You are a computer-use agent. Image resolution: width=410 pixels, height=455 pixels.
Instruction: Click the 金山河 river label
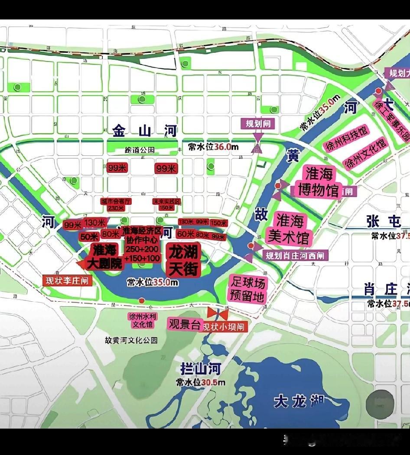[x=145, y=130]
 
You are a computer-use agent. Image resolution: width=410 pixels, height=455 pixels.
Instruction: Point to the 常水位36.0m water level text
[x=213, y=147]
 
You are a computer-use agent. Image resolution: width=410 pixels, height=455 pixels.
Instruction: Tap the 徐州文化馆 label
[x=365, y=153]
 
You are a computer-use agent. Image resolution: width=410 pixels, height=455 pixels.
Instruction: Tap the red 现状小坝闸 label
[x=225, y=326]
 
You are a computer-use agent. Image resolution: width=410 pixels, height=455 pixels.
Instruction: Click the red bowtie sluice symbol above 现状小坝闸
[x=218, y=313]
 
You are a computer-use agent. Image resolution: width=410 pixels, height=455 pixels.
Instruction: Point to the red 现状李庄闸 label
[x=67, y=281]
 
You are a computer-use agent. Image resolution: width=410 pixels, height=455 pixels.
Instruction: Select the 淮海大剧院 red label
[x=106, y=256]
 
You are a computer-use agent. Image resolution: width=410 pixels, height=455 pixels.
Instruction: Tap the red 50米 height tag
[x=89, y=237]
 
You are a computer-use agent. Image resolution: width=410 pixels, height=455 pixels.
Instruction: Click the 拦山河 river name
[x=201, y=369]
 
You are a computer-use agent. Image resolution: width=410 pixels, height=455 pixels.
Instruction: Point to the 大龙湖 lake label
[x=299, y=401]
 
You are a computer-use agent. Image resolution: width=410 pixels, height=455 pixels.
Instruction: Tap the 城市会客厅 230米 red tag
[x=116, y=204]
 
